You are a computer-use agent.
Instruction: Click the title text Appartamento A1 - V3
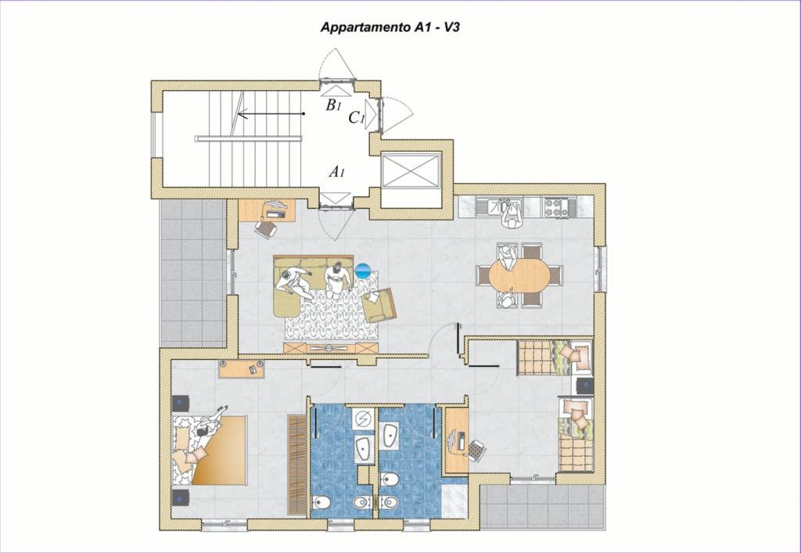(390, 27)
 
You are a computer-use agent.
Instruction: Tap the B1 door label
(333, 105)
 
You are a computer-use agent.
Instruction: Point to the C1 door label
(357, 118)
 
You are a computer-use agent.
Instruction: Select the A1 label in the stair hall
(336, 171)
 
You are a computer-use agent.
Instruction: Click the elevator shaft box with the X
(411, 171)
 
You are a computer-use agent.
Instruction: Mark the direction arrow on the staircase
(271, 113)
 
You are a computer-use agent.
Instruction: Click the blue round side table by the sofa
(363, 271)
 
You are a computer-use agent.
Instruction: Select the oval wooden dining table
(519, 276)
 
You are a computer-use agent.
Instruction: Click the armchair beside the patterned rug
(379, 305)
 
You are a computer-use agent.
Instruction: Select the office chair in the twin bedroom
(476, 451)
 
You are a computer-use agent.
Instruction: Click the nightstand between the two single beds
(585, 386)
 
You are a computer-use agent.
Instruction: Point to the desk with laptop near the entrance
(267, 210)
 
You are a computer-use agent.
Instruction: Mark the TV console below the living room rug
(331, 348)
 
